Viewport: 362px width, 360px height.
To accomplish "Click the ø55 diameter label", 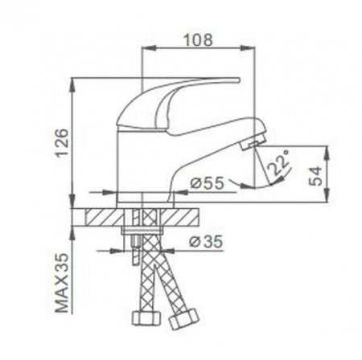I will [x=207, y=183].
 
